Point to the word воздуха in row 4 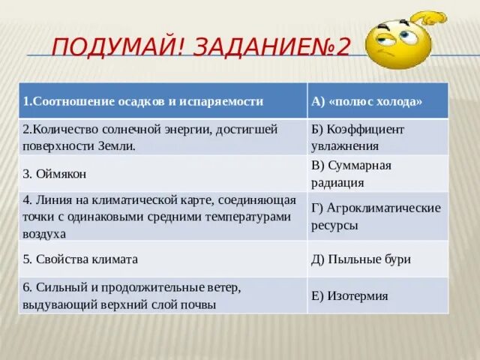pos(44,233)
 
